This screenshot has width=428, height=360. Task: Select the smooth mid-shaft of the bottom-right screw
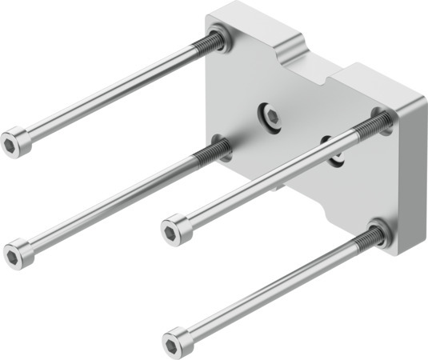tap(272, 289)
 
